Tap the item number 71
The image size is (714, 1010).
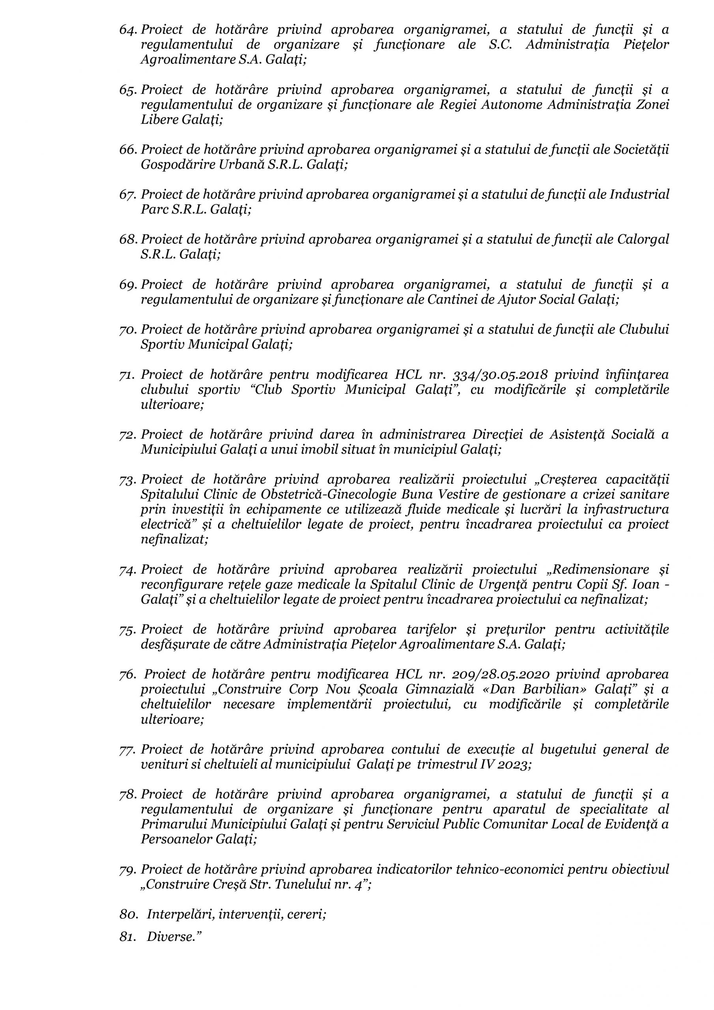(x=127, y=375)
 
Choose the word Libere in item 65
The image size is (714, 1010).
(x=159, y=120)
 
